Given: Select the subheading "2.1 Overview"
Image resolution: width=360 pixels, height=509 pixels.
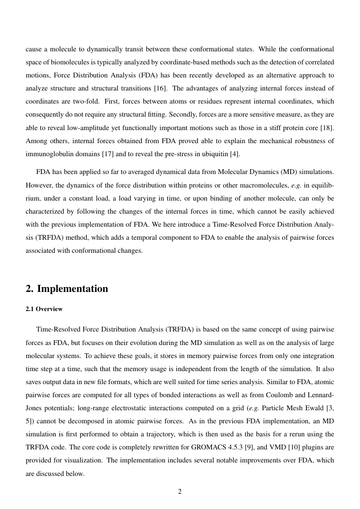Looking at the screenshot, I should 44,309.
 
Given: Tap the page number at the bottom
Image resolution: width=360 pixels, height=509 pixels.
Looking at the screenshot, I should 180,492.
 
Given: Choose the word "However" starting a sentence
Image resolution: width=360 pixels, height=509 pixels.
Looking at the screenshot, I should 38,185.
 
